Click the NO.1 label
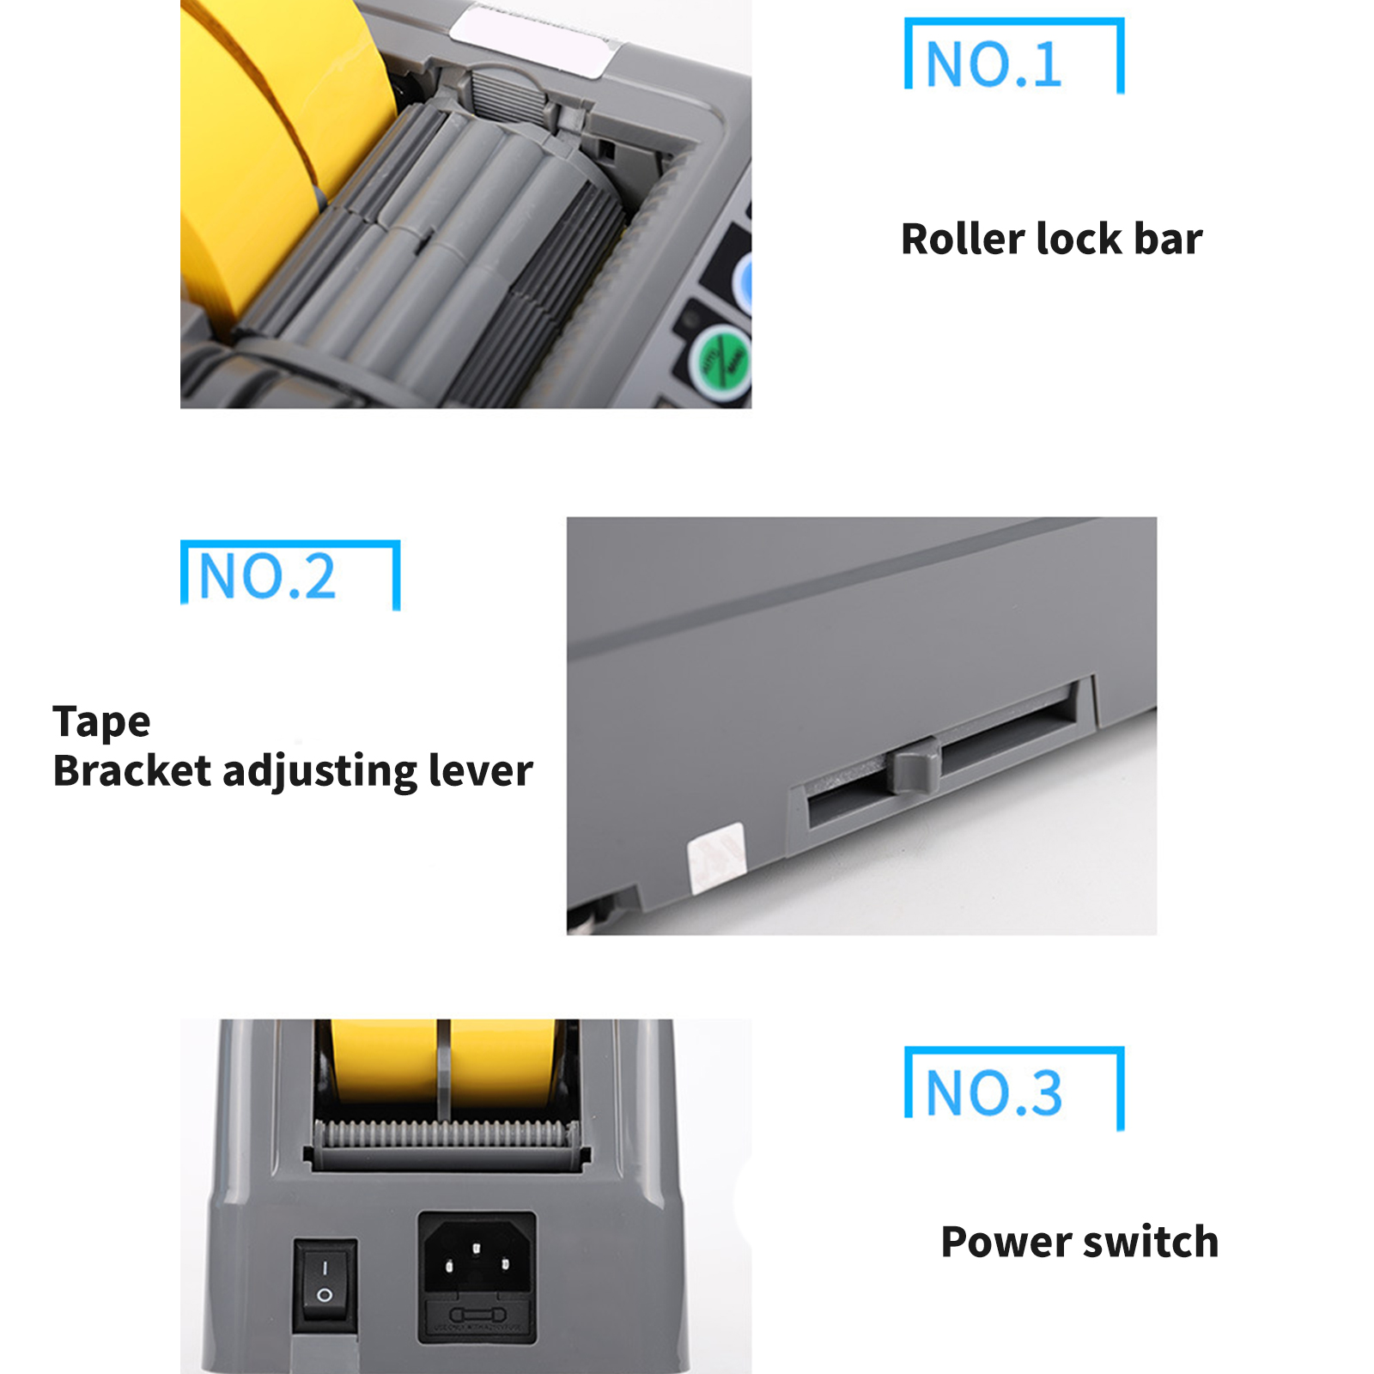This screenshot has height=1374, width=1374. pos(994,64)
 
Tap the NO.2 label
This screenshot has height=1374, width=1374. pos(266,576)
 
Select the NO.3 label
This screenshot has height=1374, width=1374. pos(994,1092)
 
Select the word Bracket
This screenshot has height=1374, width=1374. pos(131,770)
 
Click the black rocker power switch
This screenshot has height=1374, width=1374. pos(325,1285)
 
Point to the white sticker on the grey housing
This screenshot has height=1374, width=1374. pos(716,857)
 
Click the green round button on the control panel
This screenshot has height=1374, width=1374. pos(722,362)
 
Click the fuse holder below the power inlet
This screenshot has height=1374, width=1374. pos(477,1316)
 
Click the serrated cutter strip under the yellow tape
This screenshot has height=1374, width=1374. pos(446,1134)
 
